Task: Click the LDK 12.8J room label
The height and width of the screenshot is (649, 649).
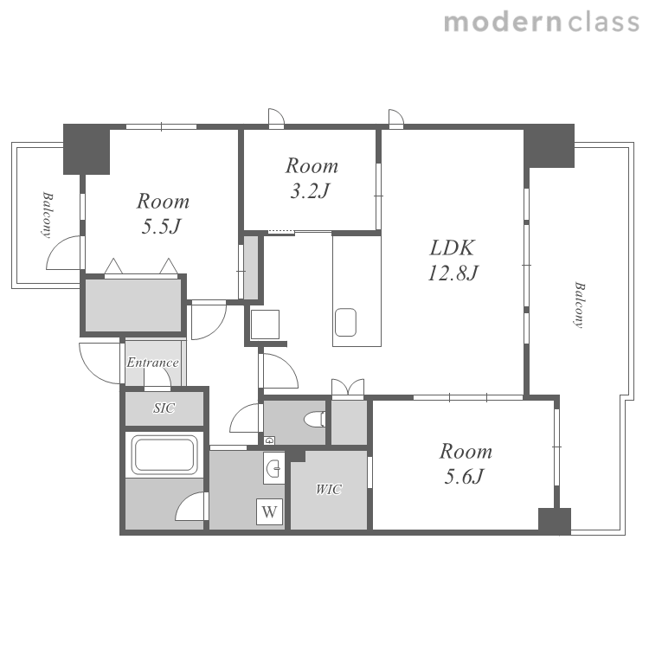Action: (x=453, y=260)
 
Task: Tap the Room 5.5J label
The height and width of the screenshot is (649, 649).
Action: (x=163, y=214)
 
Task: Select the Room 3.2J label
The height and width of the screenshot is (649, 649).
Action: (x=312, y=178)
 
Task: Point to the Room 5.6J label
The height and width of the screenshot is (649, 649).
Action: (x=466, y=464)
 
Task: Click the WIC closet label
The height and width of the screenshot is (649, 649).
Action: (x=329, y=489)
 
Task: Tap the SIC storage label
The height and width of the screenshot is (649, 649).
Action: (x=164, y=408)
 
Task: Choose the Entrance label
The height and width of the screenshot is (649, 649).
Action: (x=152, y=363)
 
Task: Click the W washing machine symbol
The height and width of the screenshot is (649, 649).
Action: (x=269, y=512)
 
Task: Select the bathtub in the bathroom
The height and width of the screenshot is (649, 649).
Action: (x=164, y=454)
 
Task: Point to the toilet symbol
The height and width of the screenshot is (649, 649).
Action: (x=315, y=420)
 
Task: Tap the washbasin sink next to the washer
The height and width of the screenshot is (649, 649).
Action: (x=274, y=468)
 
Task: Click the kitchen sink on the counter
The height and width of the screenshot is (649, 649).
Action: (x=345, y=323)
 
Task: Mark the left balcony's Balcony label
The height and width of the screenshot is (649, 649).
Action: (x=48, y=215)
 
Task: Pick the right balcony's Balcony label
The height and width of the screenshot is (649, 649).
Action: (x=580, y=305)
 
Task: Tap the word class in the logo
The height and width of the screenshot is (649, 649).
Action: (x=603, y=22)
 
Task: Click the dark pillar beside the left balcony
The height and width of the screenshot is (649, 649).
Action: (x=86, y=149)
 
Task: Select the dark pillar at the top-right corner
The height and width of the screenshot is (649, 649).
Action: (x=549, y=145)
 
